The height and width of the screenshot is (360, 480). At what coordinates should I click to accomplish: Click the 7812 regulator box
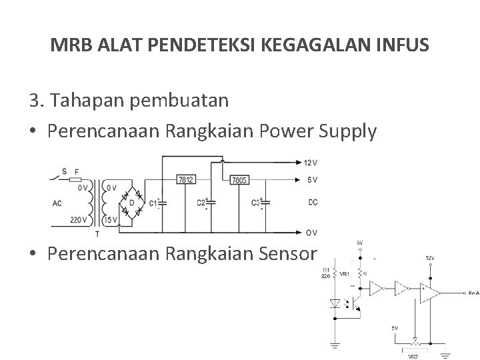tap(186, 180)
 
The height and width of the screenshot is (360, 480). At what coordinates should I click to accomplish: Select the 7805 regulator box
tap(238, 180)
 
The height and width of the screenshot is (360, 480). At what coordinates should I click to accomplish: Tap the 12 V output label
tap(310, 162)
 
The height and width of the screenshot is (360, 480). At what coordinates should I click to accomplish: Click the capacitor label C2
tap(201, 202)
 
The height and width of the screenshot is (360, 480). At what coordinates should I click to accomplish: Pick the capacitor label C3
tap(255, 202)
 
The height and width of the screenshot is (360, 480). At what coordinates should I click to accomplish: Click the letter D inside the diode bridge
tap(131, 201)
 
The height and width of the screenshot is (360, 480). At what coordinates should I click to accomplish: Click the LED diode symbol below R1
tap(335, 304)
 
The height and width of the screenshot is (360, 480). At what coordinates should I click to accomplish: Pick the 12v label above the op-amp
tap(431, 257)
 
